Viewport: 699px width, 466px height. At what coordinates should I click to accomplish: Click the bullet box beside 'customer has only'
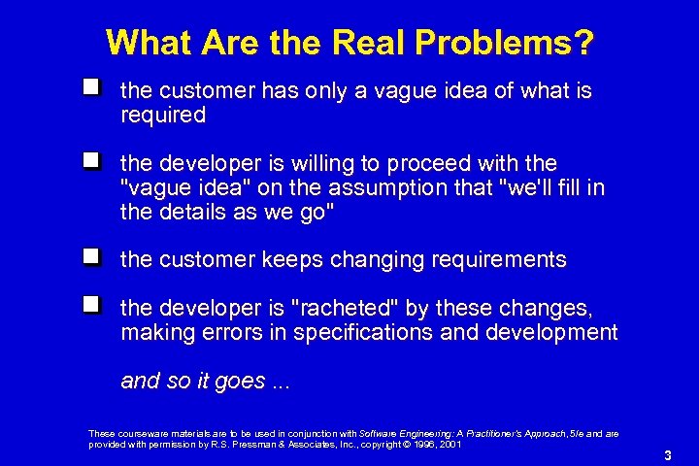pyautogui.click(x=91, y=88)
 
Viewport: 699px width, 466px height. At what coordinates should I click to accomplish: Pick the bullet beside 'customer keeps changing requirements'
pyautogui.click(x=91, y=257)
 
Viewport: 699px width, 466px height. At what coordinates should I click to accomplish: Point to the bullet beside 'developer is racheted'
pyautogui.click(x=91, y=306)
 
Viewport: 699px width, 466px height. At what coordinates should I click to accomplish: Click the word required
pyautogui.click(x=163, y=116)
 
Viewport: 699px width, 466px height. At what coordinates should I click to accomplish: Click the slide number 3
pyautogui.click(x=668, y=455)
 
